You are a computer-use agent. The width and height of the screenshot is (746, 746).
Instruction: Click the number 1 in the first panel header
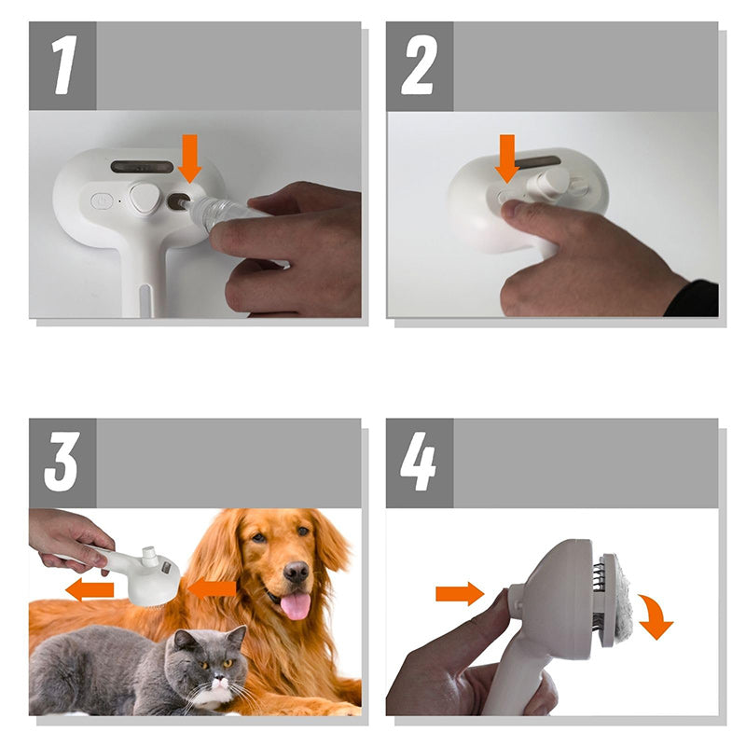point(62,66)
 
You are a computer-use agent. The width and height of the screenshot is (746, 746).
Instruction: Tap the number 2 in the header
point(420,66)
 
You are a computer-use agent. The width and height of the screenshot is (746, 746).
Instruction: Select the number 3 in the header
point(62,463)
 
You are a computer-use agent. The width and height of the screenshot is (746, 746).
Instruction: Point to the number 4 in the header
point(419,463)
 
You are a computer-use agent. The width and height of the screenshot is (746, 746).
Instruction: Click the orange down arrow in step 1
point(190,157)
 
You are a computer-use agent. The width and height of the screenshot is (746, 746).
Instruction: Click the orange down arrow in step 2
point(507,157)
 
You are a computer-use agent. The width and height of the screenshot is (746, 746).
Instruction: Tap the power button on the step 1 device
point(102,200)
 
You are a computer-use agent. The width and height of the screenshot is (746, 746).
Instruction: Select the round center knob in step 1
point(145,199)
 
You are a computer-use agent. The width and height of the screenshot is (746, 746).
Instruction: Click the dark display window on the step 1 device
point(142,167)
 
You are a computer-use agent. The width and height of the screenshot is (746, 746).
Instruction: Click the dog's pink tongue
point(296,605)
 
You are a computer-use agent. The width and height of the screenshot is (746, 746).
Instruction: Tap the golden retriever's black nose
point(297,571)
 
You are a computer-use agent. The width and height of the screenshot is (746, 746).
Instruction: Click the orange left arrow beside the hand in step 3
point(89,589)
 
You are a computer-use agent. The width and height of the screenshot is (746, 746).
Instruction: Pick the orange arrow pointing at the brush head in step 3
point(213,588)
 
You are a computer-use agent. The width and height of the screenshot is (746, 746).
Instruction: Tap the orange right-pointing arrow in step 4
point(459,592)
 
